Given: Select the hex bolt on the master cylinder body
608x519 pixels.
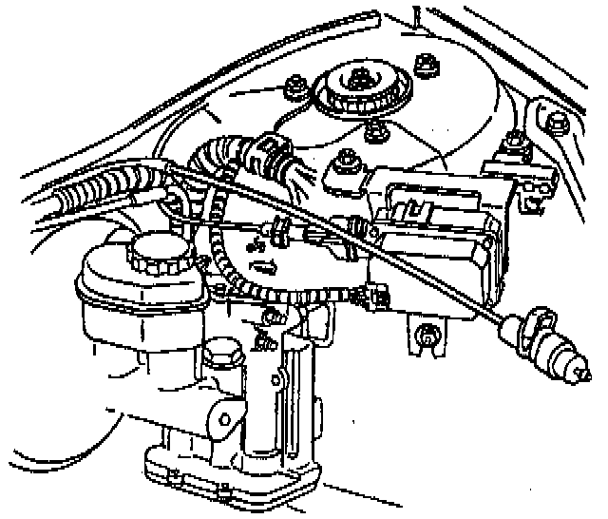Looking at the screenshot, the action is click(221, 358).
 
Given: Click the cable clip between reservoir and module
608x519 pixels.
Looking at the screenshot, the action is click(281, 229).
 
